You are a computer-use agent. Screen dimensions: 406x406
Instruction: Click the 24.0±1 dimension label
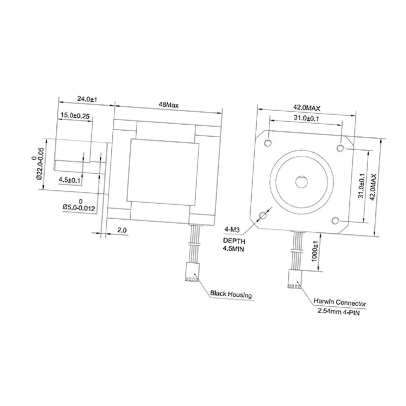click(x=87, y=99)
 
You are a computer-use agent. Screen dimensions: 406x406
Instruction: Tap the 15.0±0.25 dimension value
click(x=75, y=116)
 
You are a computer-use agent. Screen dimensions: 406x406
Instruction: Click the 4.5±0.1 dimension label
click(x=70, y=180)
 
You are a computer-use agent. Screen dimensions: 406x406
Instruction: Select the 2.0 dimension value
click(x=122, y=230)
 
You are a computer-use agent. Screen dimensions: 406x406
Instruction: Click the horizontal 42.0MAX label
click(x=306, y=108)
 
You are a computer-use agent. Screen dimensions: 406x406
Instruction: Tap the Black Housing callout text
click(x=231, y=294)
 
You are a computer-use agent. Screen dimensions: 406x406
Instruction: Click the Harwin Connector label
click(x=340, y=303)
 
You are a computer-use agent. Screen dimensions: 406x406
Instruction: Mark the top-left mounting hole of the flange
click(x=268, y=143)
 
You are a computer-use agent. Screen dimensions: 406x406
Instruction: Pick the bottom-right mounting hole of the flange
click(x=336, y=220)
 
